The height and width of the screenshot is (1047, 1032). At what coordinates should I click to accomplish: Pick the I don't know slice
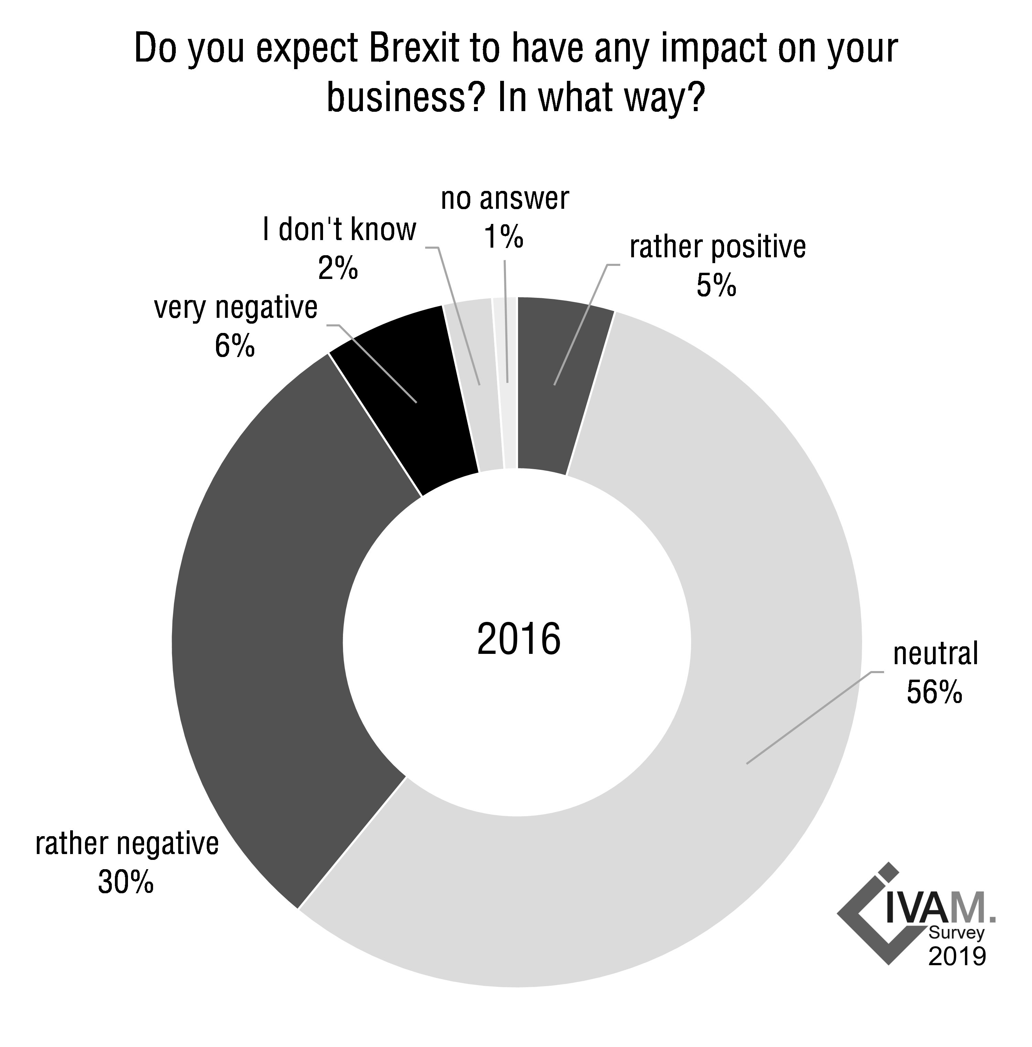pyautogui.click(x=477, y=385)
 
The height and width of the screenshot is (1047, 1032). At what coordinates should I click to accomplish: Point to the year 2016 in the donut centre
pyautogui.click(x=519, y=639)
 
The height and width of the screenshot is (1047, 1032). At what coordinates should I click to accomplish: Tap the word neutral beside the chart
pyautogui.click(x=936, y=654)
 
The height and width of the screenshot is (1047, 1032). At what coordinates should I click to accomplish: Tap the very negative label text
pyautogui.click(x=236, y=308)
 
